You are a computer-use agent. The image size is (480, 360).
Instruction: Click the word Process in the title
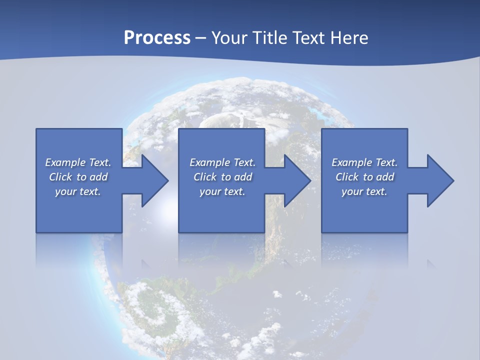click(x=157, y=38)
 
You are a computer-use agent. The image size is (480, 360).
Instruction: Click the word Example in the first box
click(x=65, y=162)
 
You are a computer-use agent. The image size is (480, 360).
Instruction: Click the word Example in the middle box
click(x=210, y=162)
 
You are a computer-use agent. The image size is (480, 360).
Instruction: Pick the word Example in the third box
click(x=352, y=162)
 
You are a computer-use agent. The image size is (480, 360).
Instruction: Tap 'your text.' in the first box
click(x=78, y=191)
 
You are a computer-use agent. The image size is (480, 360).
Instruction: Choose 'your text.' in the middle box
click(x=222, y=191)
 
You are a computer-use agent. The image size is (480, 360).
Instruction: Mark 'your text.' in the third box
click(x=364, y=191)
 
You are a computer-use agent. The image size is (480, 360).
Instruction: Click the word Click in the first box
click(x=60, y=177)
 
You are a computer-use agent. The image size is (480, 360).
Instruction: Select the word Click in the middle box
click(x=205, y=177)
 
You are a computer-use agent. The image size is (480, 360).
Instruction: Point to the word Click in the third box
click(x=347, y=177)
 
